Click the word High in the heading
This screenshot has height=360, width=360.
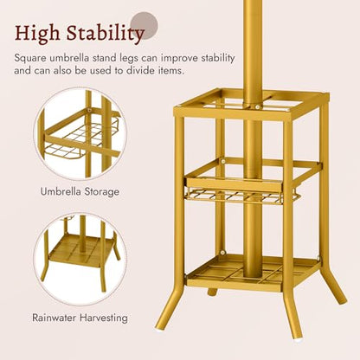[x=37, y=33]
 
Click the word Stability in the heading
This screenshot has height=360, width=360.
[x=105, y=33]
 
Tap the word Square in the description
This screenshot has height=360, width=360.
[x=30, y=59]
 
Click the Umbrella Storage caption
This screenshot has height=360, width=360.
[x=80, y=191]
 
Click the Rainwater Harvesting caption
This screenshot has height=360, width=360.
[x=80, y=318]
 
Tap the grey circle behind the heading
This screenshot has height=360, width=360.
[x=145, y=25]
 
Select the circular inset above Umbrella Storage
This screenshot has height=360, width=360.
[x=80, y=133]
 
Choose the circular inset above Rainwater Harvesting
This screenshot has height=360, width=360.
[x=80, y=259]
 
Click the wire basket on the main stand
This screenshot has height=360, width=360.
[x=241, y=197]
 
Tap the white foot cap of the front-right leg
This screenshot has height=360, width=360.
[x=298, y=340]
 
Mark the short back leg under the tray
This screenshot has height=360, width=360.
[x=212, y=292]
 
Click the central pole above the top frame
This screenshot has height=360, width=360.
[x=253, y=49]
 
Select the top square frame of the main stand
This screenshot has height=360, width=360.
[x=251, y=105]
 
